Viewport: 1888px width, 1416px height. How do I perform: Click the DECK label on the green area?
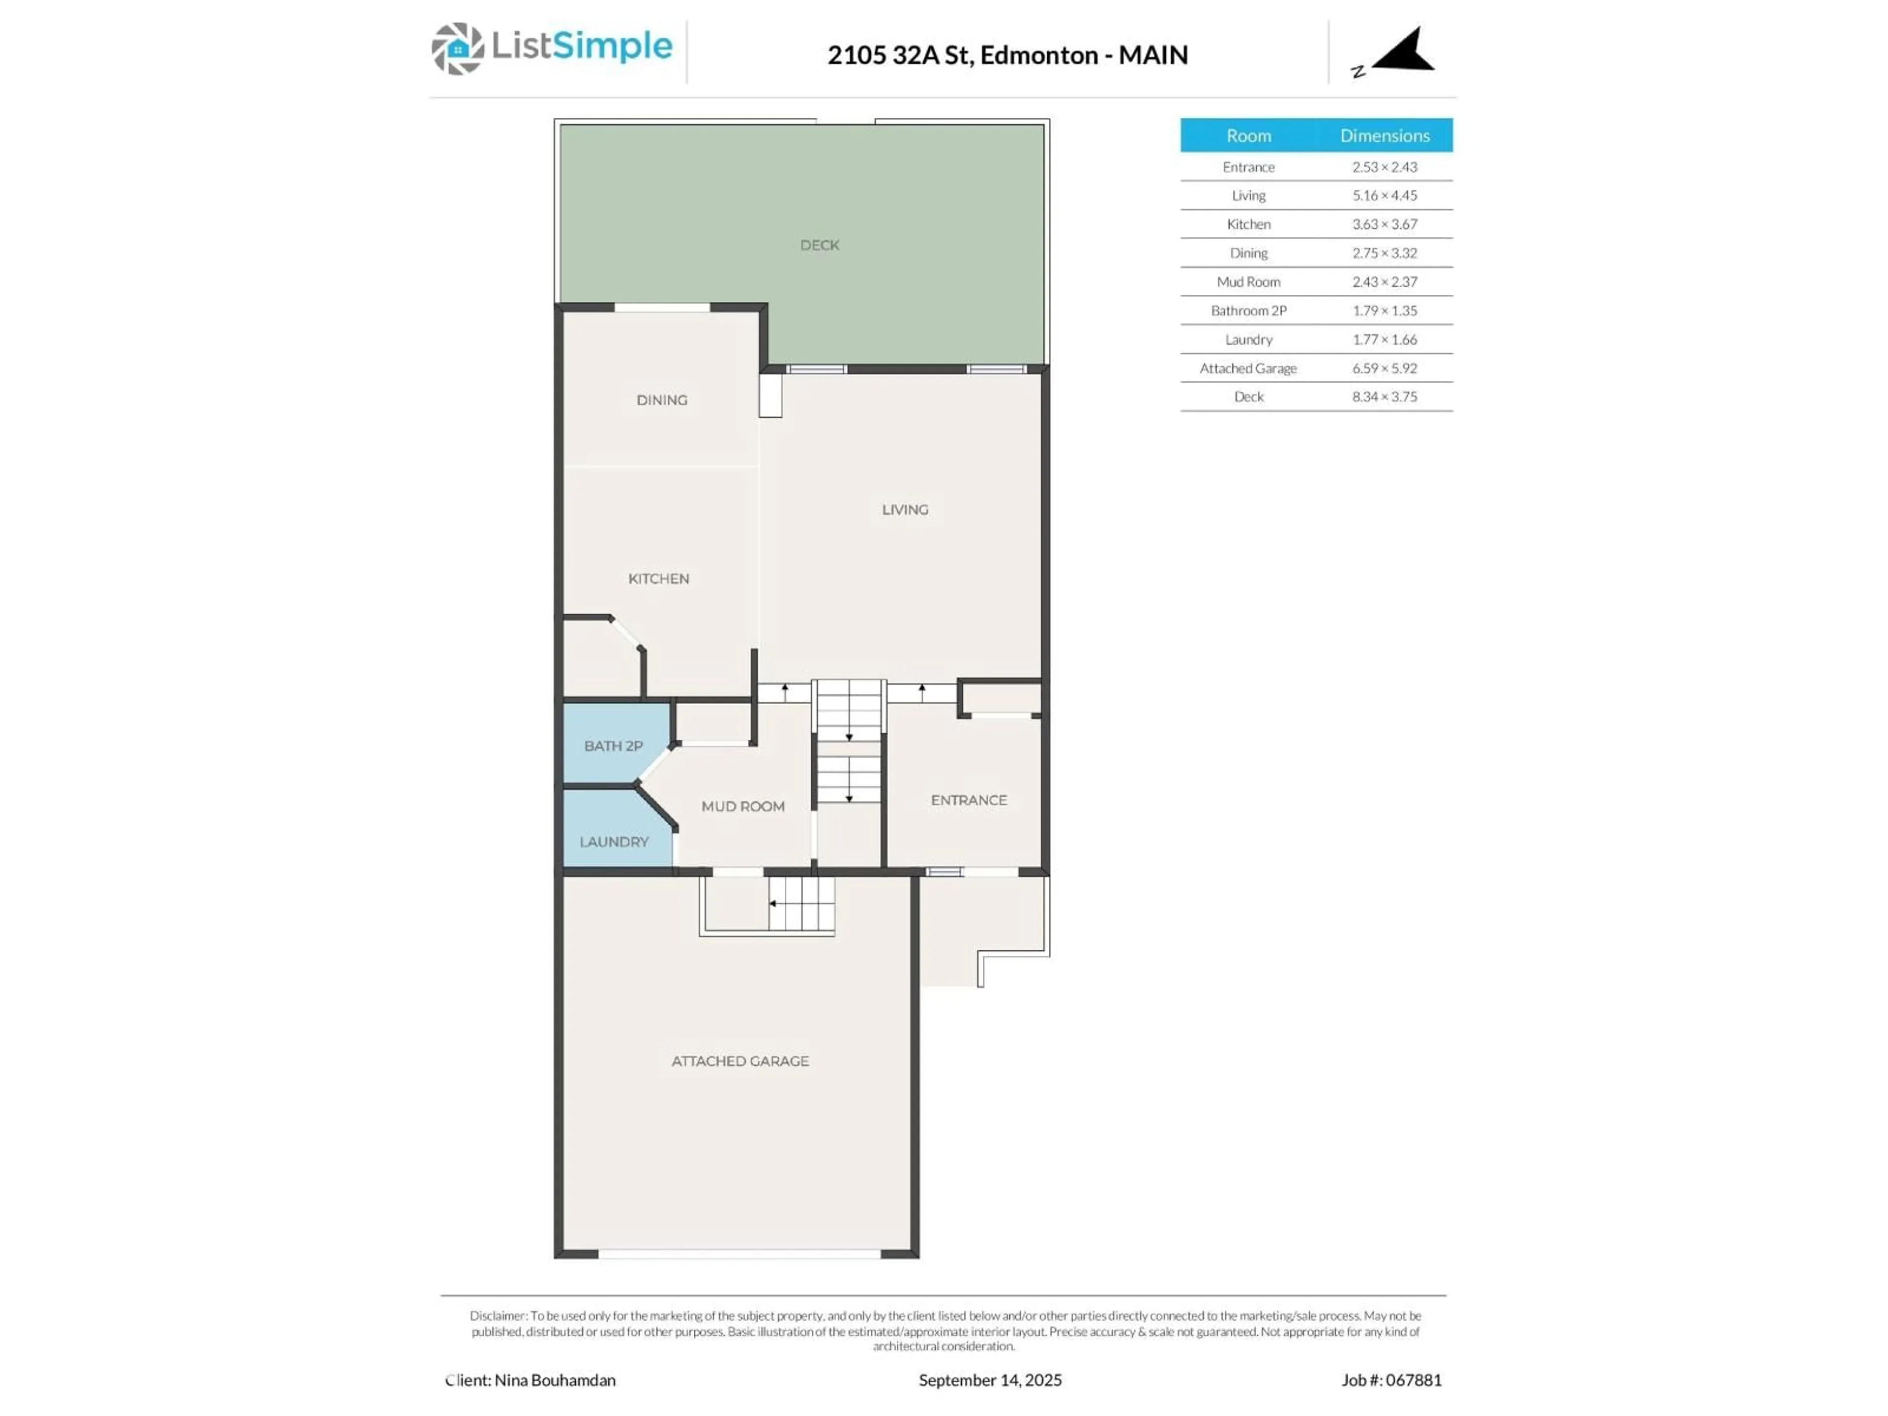click(820, 245)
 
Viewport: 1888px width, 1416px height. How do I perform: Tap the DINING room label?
click(661, 399)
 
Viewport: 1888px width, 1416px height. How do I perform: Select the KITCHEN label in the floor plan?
click(658, 579)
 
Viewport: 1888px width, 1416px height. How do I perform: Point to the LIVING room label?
click(905, 509)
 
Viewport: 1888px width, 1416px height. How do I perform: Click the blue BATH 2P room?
click(613, 745)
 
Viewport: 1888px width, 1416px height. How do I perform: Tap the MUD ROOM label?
click(742, 806)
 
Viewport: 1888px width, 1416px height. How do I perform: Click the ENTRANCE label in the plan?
click(969, 800)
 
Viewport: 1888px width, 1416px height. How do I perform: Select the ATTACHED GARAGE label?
click(740, 1061)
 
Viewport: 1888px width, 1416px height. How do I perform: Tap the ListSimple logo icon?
click(457, 49)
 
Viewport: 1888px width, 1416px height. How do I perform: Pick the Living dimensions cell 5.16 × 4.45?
click(1385, 196)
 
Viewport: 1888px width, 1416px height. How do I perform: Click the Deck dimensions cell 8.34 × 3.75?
click(1385, 397)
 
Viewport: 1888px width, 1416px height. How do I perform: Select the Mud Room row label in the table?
click(1248, 282)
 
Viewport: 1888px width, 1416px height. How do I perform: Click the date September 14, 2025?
click(990, 1380)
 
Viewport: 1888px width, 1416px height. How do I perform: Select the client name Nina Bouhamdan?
click(555, 1380)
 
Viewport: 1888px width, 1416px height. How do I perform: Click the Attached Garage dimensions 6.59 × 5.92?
click(1385, 368)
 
